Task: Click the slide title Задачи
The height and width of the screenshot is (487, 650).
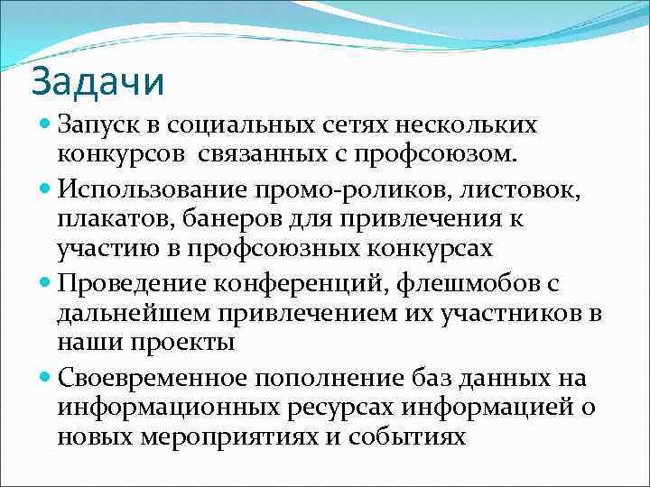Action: point(98,81)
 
